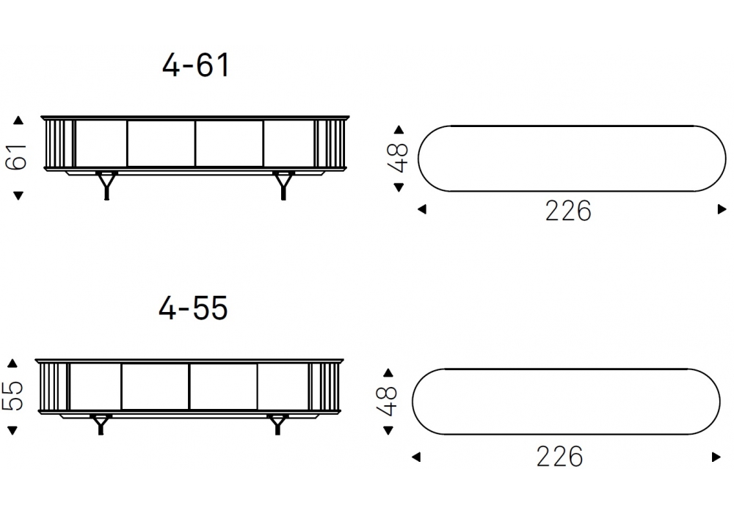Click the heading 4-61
click(x=196, y=65)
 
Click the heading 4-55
click(x=193, y=308)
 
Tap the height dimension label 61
click(x=17, y=156)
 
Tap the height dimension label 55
click(x=12, y=396)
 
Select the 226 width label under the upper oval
click(x=568, y=211)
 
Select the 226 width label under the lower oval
click(x=559, y=457)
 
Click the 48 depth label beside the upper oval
click(x=398, y=156)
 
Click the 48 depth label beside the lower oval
click(x=387, y=401)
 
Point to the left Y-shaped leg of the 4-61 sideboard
click(x=106, y=186)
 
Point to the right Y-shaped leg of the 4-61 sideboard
click(x=283, y=186)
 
